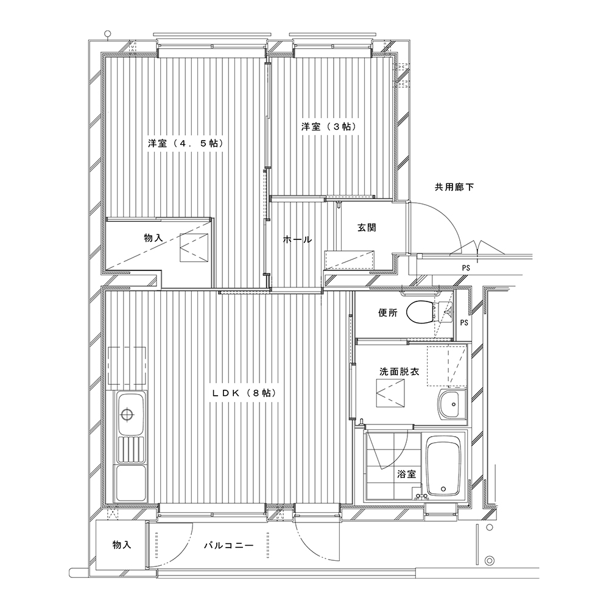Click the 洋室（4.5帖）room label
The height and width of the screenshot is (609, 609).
186,143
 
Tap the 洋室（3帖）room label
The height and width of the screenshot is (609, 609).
329,127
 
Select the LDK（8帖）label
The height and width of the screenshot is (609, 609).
244,393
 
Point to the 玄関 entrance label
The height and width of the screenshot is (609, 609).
367,228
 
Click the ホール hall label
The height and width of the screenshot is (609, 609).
297,239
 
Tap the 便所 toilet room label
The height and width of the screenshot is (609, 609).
388,312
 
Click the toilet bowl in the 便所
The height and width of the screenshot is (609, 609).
420,312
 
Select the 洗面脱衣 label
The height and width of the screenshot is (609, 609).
400,371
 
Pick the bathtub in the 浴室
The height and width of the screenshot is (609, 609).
443,467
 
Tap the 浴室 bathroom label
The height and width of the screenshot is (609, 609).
407,474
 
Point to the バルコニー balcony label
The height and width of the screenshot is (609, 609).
229,546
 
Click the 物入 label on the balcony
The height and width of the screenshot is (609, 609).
122,545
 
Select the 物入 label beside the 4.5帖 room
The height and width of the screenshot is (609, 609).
153,238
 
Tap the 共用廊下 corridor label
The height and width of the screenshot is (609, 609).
454,187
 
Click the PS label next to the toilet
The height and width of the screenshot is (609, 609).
463,323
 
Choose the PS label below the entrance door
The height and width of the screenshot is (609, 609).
466,268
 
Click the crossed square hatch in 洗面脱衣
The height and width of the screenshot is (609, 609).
390,393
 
